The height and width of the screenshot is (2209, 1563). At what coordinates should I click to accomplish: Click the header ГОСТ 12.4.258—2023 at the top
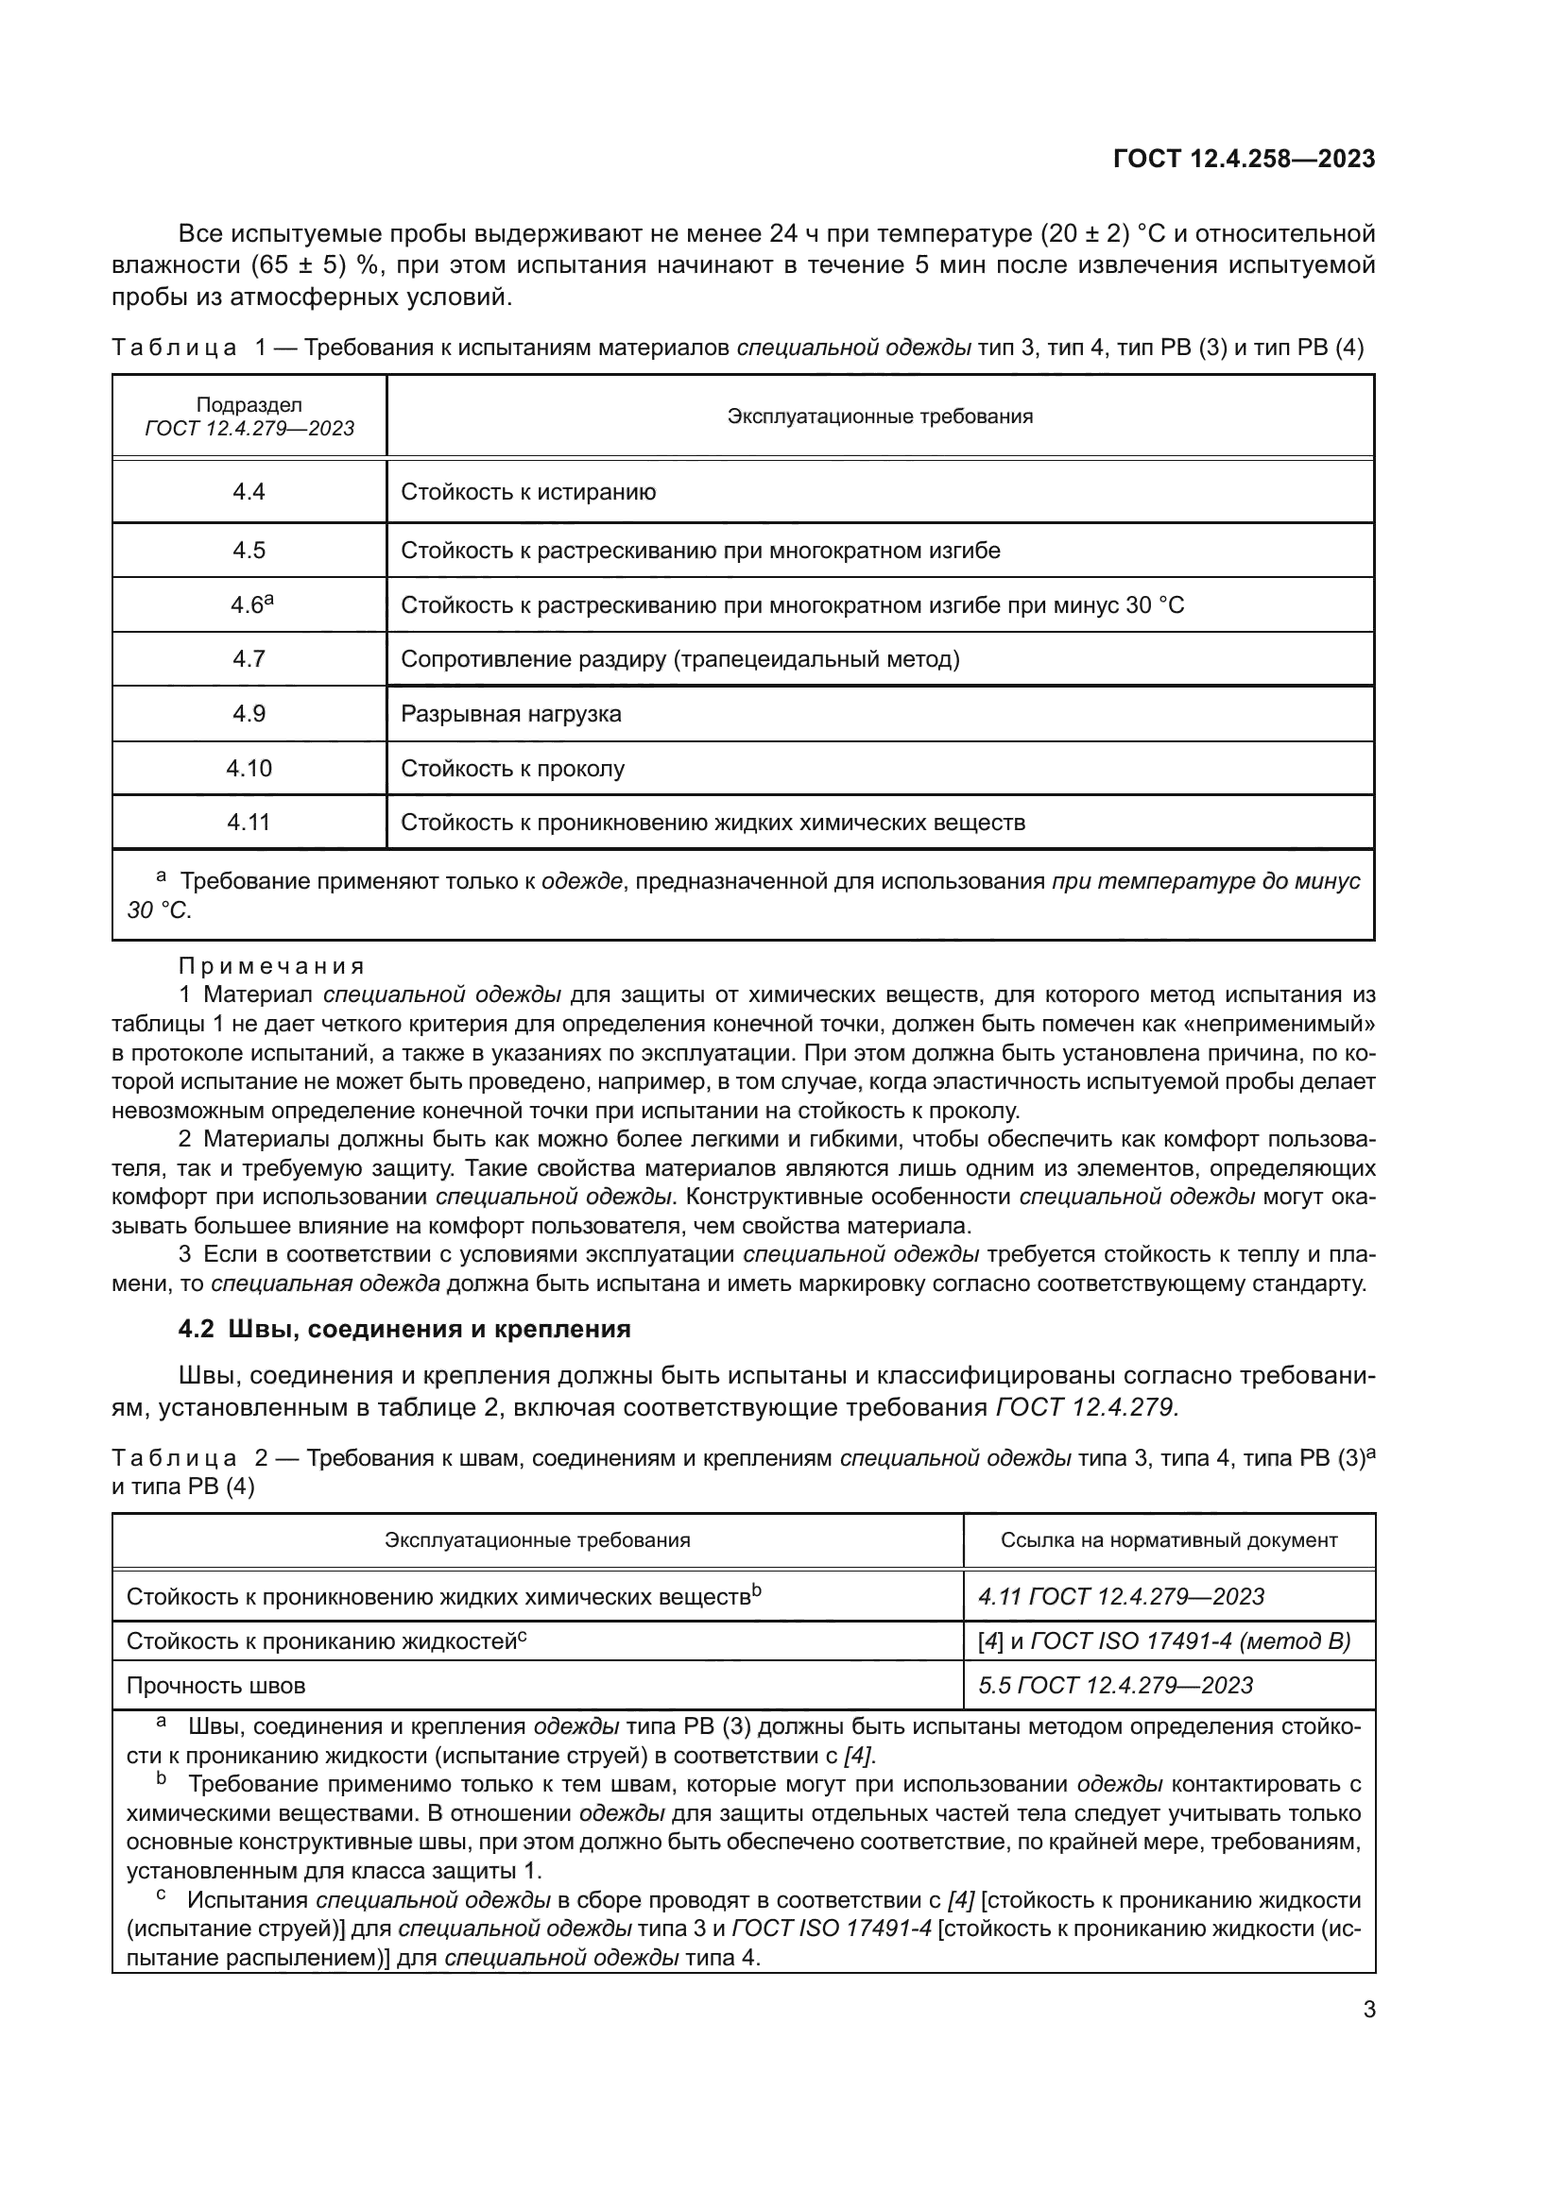1244,159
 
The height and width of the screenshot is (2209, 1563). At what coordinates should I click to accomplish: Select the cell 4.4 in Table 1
249,492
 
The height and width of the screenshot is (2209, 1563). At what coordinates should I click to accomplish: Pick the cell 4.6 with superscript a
250,605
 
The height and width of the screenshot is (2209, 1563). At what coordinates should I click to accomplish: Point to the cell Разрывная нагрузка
511,714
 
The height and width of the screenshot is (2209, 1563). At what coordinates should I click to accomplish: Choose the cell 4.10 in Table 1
249,768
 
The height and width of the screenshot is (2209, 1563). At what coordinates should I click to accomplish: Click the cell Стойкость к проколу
513,769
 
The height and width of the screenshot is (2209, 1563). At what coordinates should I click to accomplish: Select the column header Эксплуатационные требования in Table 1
880,416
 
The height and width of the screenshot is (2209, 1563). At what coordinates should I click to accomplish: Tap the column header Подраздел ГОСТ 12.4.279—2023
249,416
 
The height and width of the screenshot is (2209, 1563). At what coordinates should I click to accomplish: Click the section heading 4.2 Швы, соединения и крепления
404,1329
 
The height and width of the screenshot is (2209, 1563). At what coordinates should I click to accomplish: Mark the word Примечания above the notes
272,965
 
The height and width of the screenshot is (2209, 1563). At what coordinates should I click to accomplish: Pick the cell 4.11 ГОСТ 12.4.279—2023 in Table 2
1122,1596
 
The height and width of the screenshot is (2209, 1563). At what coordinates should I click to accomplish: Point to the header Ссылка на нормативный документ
1168,1539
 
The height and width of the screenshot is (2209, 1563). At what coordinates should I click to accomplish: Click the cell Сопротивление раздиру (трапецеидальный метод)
680,659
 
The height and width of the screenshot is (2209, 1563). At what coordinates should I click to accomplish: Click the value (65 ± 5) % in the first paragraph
317,265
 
